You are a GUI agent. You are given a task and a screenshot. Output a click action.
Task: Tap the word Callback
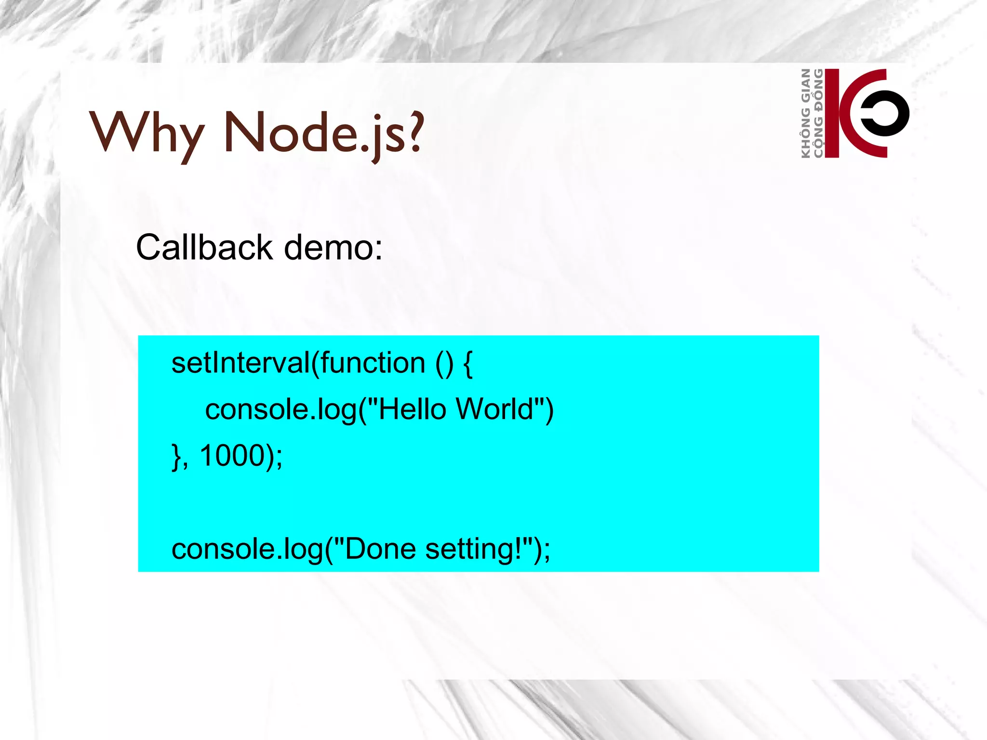204,248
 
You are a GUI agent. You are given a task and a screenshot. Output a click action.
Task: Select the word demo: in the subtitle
333,248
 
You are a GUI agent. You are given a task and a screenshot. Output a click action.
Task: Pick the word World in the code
494,410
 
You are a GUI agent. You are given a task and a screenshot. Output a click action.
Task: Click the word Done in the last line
381,549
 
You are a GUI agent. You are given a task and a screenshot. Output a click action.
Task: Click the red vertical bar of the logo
832,113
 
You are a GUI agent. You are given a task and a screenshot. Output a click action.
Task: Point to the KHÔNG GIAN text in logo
805,113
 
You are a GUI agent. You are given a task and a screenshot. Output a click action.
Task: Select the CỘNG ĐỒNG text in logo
818,113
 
